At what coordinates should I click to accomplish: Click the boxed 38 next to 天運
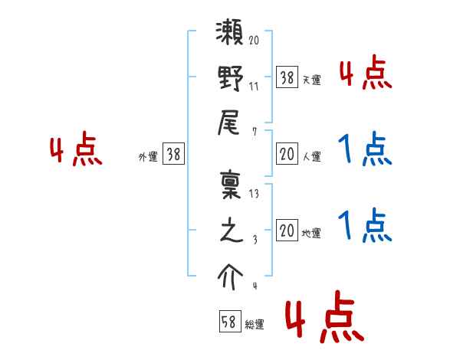287,77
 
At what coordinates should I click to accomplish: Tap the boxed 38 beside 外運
173,155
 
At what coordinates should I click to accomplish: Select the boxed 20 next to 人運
287,155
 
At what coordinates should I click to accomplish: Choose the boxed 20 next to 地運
287,231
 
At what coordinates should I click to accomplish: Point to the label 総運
255,325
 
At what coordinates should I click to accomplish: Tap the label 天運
311,80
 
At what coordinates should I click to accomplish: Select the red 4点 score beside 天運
365,75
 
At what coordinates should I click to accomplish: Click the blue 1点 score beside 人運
365,150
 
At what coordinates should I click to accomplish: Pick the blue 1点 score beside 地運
365,227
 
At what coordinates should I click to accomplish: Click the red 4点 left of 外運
76,151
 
